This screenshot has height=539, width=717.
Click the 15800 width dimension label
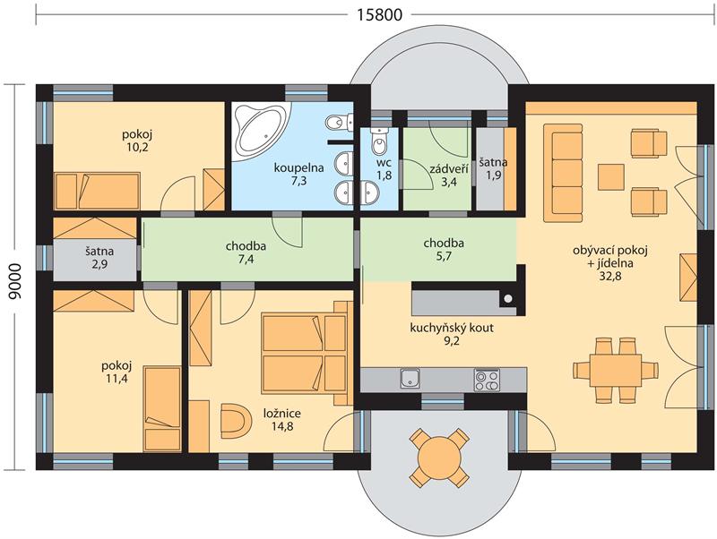[x=379, y=14]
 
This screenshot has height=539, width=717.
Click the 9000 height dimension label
[x=15, y=281]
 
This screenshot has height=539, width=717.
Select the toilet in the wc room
[x=379, y=141]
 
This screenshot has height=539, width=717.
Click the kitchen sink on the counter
[x=410, y=379]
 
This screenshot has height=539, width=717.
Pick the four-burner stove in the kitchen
[x=487, y=380]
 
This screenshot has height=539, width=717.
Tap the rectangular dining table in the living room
[x=616, y=369]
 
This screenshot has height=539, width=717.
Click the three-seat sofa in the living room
[x=563, y=172]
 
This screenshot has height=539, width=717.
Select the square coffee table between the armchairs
[x=611, y=176]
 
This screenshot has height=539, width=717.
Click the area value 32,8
[x=610, y=276]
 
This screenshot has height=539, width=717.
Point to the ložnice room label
[x=282, y=414]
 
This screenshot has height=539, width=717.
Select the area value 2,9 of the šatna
[x=99, y=264]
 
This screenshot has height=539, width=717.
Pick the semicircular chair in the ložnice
[x=236, y=420]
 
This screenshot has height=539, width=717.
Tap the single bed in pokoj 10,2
[x=97, y=191]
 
